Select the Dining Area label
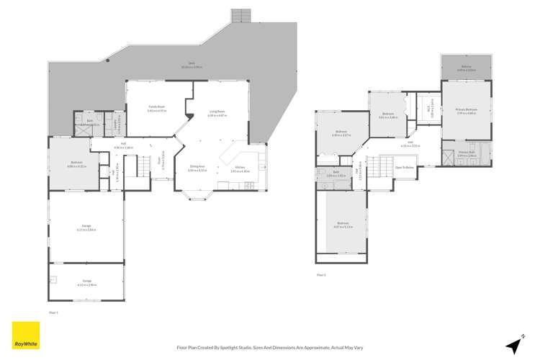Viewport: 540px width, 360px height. pos(197,168)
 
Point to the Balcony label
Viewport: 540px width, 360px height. pos(466,68)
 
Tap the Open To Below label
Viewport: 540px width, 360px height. pos(405,167)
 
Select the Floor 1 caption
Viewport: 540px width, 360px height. pos(53,312)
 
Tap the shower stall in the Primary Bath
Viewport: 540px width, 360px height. pos(447,153)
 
